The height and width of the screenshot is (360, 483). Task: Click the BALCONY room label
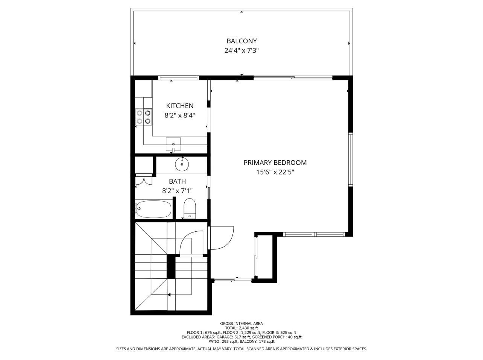click(x=241, y=41)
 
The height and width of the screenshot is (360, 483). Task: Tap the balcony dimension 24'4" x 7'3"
click(x=241, y=50)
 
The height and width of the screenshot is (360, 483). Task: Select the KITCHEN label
click(x=180, y=106)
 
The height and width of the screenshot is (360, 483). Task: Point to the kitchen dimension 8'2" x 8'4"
click(x=180, y=115)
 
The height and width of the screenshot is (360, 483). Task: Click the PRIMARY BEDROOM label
click(x=275, y=163)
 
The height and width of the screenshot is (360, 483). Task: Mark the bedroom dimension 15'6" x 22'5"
click(x=275, y=172)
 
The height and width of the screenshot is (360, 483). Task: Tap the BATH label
click(x=177, y=181)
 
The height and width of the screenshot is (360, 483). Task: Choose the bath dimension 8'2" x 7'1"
click(x=177, y=191)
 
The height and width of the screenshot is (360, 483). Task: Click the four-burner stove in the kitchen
click(x=144, y=117)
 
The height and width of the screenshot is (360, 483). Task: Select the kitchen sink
click(x=173, y=143)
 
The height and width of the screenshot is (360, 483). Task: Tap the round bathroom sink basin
click(x=182, y=164)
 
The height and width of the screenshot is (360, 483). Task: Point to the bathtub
click(x=153, y=209)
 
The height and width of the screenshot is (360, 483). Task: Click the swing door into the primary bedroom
click(x=221, y=237)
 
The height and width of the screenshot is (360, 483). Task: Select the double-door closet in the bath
click(x=143, y=180)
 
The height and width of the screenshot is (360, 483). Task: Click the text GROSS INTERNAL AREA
click(x=241, y=324)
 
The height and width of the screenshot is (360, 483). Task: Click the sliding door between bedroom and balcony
click(x=293, y=78)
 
